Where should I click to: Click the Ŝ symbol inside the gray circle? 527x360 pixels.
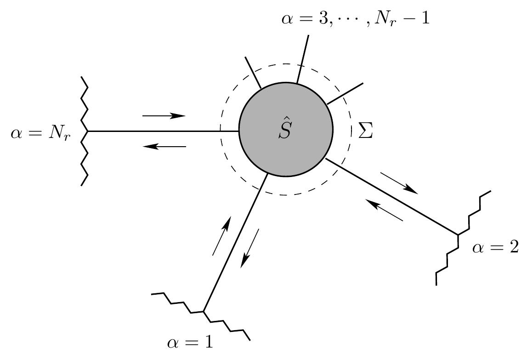point(285,129)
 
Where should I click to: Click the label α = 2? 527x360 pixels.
point(495,248)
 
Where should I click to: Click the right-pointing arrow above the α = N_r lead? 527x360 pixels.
point(164,116)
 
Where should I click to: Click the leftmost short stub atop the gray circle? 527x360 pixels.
point(253,72)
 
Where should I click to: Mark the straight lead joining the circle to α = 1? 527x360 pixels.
point(234,244)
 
